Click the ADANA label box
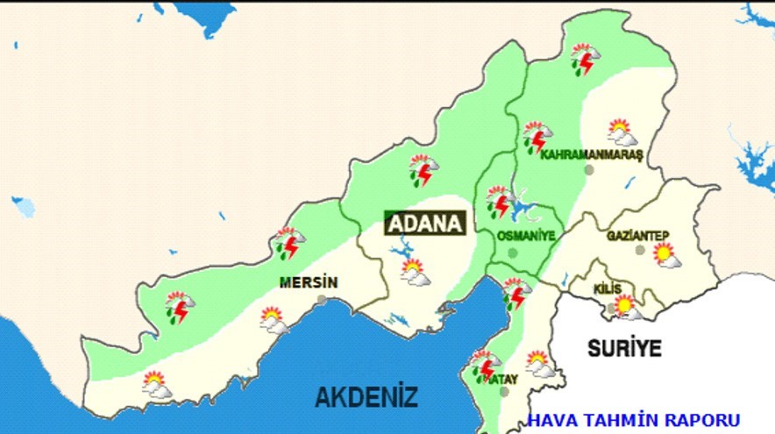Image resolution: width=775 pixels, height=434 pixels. click(x=425, y=223)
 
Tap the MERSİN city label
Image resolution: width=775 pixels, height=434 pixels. click(x=307, y=282)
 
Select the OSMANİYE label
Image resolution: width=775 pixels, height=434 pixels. click(x=526, y=236)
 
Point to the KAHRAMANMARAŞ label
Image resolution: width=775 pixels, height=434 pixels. click(x=592, y=154)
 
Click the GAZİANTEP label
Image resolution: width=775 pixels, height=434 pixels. click(x=637, y=235)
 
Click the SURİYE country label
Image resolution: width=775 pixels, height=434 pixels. click(x=623, y=347)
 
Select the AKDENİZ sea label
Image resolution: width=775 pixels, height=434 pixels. click(x=366, y=396)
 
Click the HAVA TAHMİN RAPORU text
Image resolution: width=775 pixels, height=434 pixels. click(x=633, y=420)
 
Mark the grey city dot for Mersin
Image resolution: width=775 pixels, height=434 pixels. click(x=322, y=300)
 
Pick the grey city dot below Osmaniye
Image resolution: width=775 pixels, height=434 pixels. click(x=513, y=253)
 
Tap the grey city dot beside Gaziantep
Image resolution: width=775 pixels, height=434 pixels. click(x=640, y=250)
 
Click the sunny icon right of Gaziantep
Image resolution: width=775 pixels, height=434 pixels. click(x=666, y=255)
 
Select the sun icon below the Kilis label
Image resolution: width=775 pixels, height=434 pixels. click(x=626, y=307)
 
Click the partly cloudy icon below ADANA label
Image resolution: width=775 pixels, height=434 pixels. click(x=415, y=272)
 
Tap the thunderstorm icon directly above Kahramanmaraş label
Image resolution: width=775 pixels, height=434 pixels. click(x=537, y=137)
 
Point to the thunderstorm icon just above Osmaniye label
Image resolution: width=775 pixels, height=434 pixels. click(x=501, y=202)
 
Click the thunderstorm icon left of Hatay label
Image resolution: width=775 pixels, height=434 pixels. click(x=483, y=365)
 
